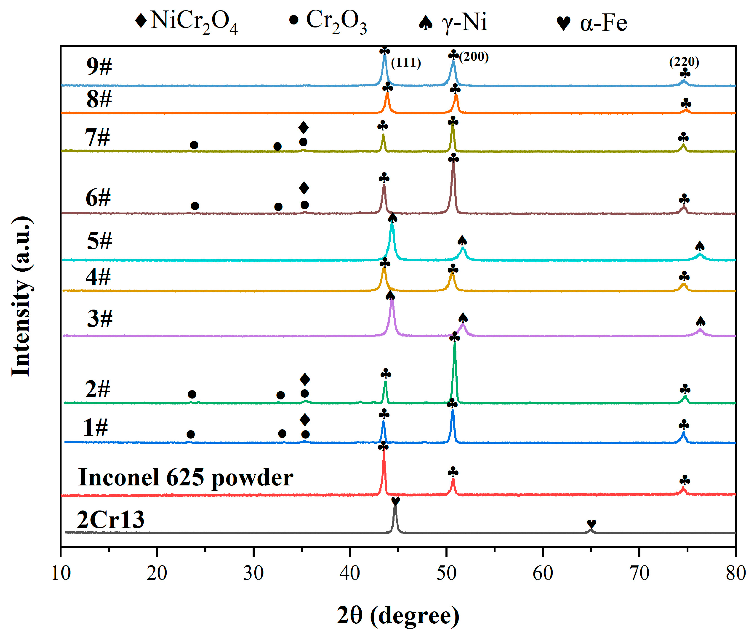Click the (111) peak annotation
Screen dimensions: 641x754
point(406,62)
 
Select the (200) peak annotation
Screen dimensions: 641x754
point(474,57)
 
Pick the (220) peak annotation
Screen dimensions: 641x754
point(684,62)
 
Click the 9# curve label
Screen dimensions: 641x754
point(99,66)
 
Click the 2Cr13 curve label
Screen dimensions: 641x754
point(111,520)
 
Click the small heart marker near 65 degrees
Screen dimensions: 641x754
point(591,524)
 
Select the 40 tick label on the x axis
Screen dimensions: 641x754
point(350,573)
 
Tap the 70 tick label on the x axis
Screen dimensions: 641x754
point(639,573)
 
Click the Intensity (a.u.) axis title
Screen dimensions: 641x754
point(21,296)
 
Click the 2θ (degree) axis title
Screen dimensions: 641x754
point(398,616)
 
